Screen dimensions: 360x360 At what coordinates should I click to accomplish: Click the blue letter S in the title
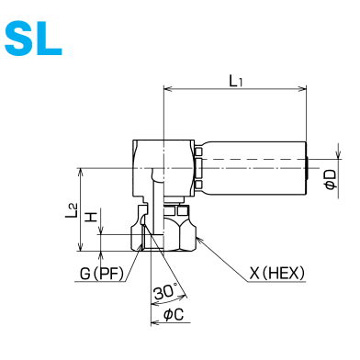coord(19,39)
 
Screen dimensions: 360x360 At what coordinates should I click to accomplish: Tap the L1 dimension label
coord(235,81)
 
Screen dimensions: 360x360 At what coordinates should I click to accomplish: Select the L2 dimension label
coord(72,210)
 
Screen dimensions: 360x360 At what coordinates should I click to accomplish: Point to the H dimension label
coord(91,217)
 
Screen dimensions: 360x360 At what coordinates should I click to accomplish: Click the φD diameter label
coord(331,179)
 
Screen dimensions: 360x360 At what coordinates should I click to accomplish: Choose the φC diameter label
coord(174,314)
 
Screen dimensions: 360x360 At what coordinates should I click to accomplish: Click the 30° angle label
coord(165,291)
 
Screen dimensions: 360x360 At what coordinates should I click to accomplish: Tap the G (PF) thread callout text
coord(101,274)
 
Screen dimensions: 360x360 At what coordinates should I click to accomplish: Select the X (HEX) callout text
coord(277,273)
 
